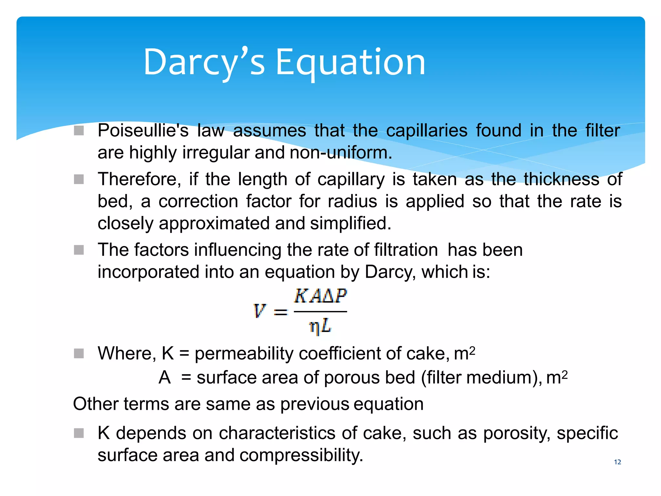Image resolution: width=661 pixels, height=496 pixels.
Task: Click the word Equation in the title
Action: [x=350, y=62]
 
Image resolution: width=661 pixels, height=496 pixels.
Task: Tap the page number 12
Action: [x=617, y=462]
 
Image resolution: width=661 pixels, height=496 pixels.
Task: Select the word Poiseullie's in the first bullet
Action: [x=143, y=131]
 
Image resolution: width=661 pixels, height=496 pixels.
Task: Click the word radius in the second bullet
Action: [x=352, y=201]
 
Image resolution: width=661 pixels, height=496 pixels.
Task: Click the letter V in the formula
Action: [x=259, y=311]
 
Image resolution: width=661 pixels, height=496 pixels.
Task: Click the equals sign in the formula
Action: [x=280, y=312]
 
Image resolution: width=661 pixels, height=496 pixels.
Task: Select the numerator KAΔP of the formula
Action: [x=320, y=296]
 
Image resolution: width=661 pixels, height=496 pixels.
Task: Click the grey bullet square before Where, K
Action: [x=79, y=353]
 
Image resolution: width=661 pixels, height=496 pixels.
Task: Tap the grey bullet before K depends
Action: [x=79, y=433]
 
